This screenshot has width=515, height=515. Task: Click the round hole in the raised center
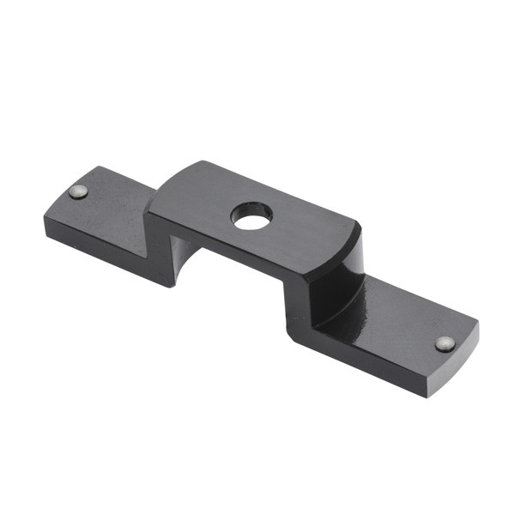pyautogui.click(x=251, y=215)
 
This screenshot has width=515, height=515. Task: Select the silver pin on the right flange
pyautogui.click(x=444, y=344)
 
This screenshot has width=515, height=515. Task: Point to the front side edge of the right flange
pyautogui.click(x=360, y=360)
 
